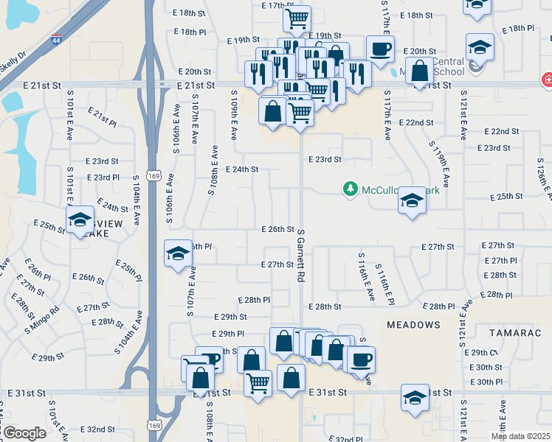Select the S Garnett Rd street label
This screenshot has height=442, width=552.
(301, 259)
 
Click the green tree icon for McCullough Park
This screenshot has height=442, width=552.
(351, 190)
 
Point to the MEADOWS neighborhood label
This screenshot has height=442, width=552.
(413, 324)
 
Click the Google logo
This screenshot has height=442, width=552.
(24, 433)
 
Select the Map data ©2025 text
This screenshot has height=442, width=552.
(520, 436)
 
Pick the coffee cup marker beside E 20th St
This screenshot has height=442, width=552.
(380, 49)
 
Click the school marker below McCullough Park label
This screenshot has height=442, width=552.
(412, 200)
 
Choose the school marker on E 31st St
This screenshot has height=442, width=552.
(415, 397)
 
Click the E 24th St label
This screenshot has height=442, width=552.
(242, 169)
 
